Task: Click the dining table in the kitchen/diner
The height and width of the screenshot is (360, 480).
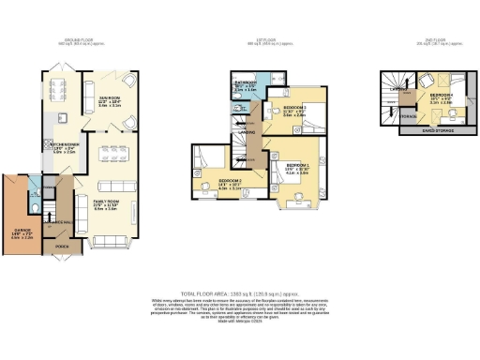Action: tap(57, 90)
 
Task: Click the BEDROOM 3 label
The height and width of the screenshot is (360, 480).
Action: tap(297, 111)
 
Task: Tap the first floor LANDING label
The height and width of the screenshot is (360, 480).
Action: tap(251, 131)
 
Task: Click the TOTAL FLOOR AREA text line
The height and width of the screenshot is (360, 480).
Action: tap(240, 292)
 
